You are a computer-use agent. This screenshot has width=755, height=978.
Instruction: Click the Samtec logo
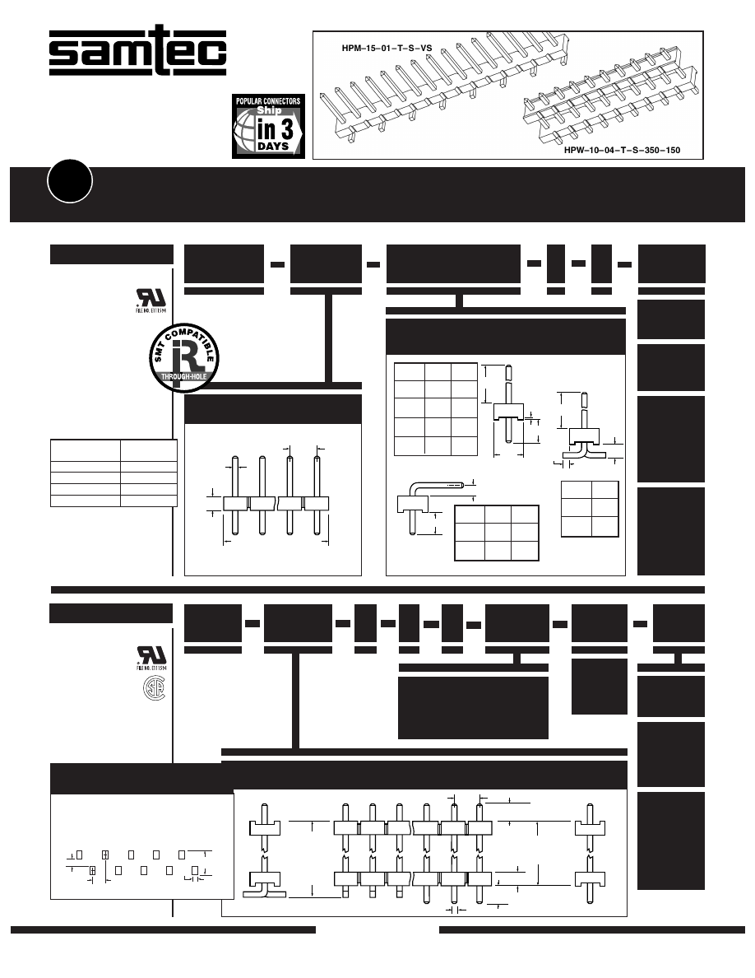tap(137, 54)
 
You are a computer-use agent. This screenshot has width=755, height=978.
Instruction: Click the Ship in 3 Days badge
tap(268, 125)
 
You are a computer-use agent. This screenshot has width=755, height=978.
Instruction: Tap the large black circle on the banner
tap(70, 181)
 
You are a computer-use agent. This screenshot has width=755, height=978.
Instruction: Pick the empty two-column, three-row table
tap(589, 509)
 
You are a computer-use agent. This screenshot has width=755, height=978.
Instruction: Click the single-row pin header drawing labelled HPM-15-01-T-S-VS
tap(444, 86)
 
